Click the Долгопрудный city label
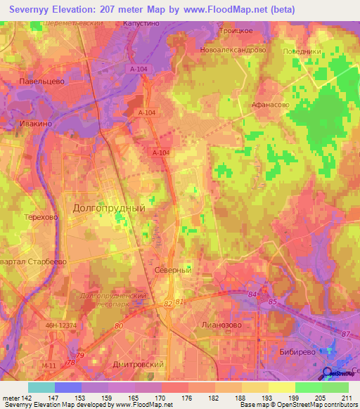[109, 208]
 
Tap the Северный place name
[172, 270]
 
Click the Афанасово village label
[270, 104]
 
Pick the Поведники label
[302, 51]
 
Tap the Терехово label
[40, 218]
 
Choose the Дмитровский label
[139, 364]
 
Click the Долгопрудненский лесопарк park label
[112, 300]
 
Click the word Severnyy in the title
[34, 9]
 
